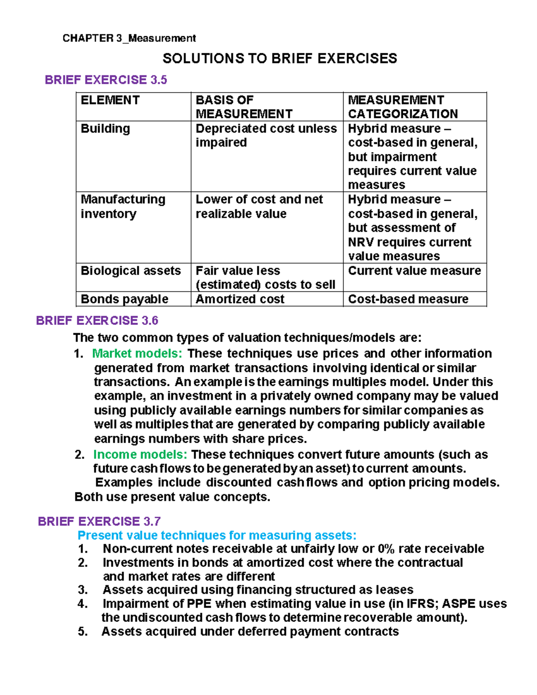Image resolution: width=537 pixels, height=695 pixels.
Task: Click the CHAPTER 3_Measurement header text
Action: [x=129, y=38]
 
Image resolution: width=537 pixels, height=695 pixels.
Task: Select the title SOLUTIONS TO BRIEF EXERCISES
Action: [x=280, y=59]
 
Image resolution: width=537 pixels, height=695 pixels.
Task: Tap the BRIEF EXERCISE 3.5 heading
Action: [x=106, y=80]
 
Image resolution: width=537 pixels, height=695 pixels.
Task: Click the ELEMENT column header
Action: [x=110, y=100]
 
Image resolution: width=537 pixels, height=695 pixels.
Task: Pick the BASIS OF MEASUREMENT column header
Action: [x=244, y=107]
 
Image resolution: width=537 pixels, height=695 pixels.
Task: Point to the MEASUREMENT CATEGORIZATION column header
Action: [x=403, y=107]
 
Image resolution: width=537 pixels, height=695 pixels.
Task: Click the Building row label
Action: [x=105, y=129]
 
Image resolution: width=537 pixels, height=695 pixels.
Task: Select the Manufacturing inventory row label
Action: [x=123, y=206]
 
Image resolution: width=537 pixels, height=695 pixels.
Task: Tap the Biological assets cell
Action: [x=131, y=271]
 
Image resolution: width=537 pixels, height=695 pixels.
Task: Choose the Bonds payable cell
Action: [x=124, y=299]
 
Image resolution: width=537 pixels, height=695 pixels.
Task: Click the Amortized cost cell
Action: [x=240, y=299]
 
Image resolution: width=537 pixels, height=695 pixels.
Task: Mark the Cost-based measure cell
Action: [x=408, y=299]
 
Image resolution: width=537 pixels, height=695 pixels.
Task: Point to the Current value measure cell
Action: [x=414, y=271]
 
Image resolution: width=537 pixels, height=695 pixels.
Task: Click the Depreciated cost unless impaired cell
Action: [x=266, y=135]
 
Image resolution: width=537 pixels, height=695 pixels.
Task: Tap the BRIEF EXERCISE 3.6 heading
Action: [x=97, y=321]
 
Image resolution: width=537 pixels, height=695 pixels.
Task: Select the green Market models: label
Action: [x=137, y=354]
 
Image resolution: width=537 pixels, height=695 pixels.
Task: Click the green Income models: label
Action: [x=140, y=455]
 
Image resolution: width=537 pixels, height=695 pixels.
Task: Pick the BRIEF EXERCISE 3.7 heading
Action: [x=99, y=521]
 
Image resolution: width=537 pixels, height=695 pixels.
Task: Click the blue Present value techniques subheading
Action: [x=217, y=535]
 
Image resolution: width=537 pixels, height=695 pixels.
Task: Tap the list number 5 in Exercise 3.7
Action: [x=82, y=631]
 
